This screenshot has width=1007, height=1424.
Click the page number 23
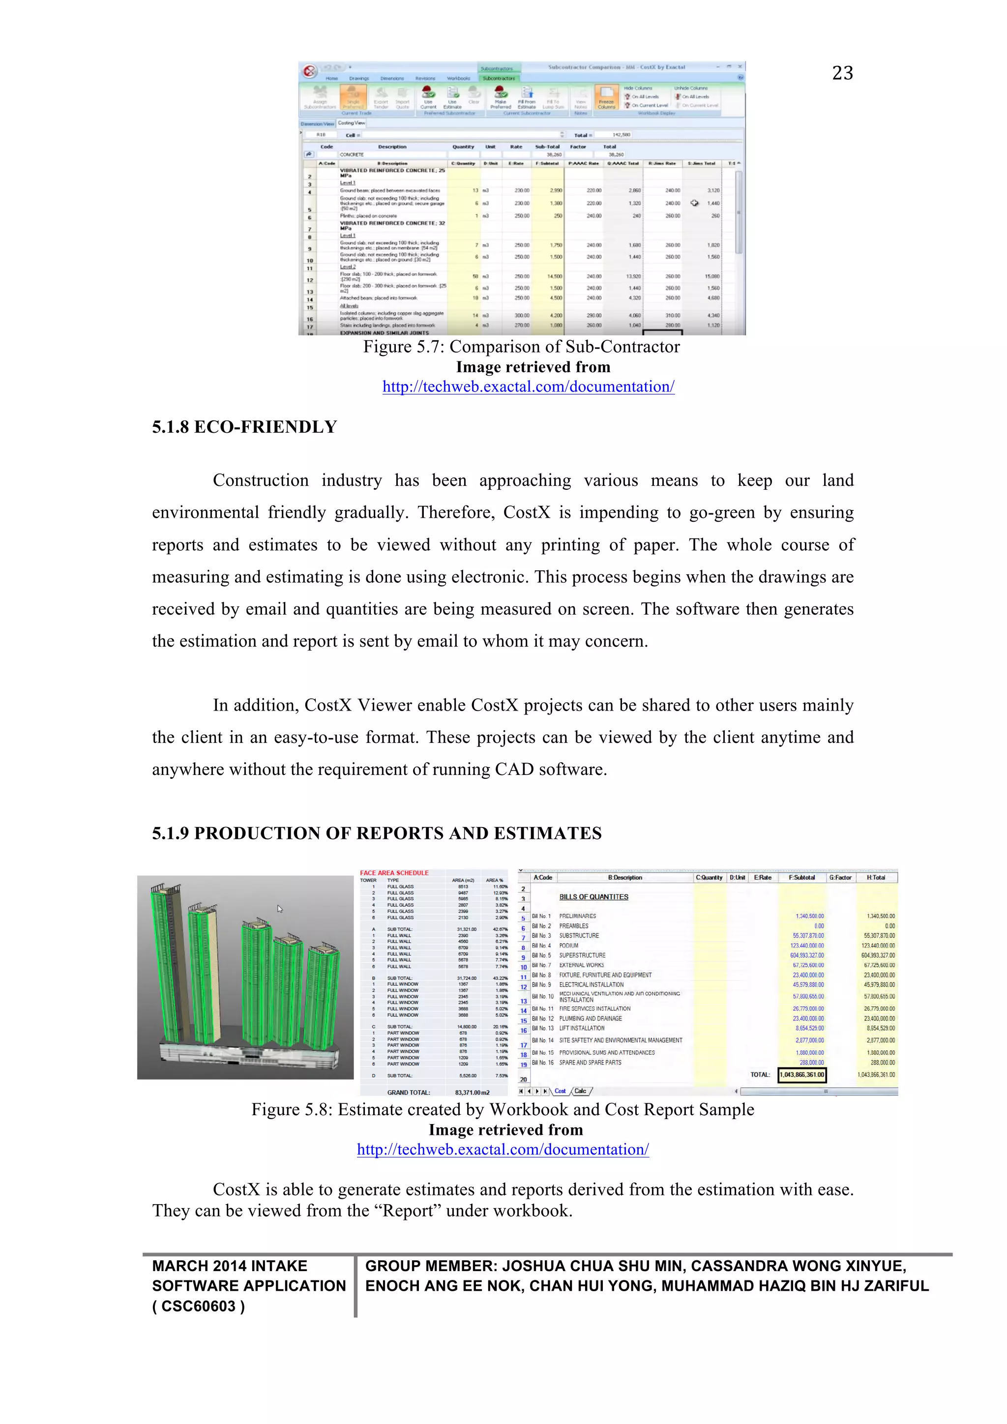(x=842, y=73)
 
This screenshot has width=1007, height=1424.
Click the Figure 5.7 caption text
(x=521, y=347)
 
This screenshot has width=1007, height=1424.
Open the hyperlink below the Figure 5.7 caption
(x=528, y=387)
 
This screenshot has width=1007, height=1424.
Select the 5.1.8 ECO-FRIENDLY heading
(x=244, y=427)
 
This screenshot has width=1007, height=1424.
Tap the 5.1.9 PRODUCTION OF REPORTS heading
(x=376, y=833)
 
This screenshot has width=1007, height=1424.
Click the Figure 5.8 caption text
(x=502, y=1110)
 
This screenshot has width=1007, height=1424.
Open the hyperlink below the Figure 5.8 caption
(x=502, y=1150)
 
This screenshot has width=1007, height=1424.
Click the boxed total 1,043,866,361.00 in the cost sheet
(x=802, y=1075)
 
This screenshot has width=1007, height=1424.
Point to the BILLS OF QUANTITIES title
(x=593, y=897)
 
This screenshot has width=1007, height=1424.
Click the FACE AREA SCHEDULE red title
(x=394, y=873)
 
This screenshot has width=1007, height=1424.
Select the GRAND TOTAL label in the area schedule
(x=409, y=1093)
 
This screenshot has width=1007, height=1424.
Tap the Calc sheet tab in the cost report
(x=580, y=1091)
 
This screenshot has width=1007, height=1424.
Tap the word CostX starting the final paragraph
(x=236, y=1189)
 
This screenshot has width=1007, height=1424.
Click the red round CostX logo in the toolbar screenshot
(x=309, y=71)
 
